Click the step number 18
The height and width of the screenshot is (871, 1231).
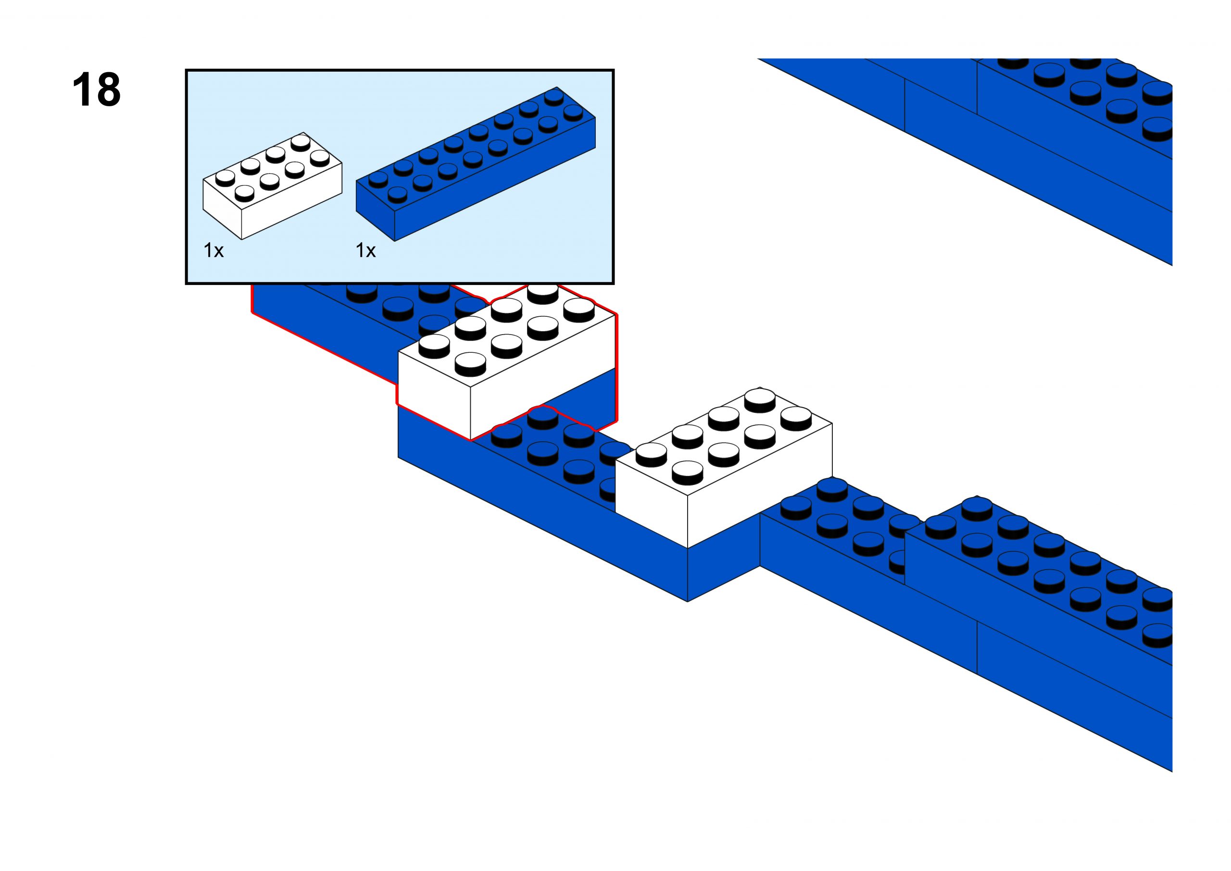click(x=96, y=90)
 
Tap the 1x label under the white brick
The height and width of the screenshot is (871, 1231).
click(x=214, y=250)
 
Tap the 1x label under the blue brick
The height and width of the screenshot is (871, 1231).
click(x=366, y=250)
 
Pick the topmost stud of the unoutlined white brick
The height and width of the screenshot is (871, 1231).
click(x=760, y=398)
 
